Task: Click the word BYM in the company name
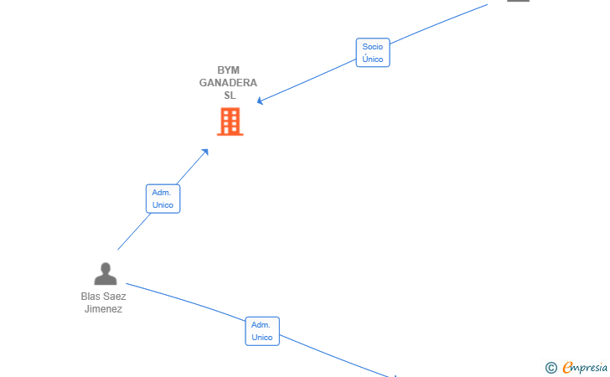tap(229, 70)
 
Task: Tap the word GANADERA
tap(228, 83)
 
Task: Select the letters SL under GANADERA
tap(230, 96)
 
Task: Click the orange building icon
tap(230, 121)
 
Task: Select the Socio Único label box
tap(373, 53)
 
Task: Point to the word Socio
tap(372, 47)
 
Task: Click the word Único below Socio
tap(372, 59)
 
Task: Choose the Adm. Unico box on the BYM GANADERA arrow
tap(163, 199)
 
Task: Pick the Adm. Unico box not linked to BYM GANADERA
tap(262, 331)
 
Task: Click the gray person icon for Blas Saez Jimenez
tap(106, 274)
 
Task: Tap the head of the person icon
tap(106, 268)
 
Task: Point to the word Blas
tap(89, 297)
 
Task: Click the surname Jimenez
tap(104, 309)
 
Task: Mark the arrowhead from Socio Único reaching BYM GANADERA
tap(260, 101)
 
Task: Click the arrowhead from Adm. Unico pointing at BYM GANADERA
tap(205, 152)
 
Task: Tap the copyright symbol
tap(551, 368)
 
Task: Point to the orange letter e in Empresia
tap(567, 367)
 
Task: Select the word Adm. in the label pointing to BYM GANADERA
tap(161, 193)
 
